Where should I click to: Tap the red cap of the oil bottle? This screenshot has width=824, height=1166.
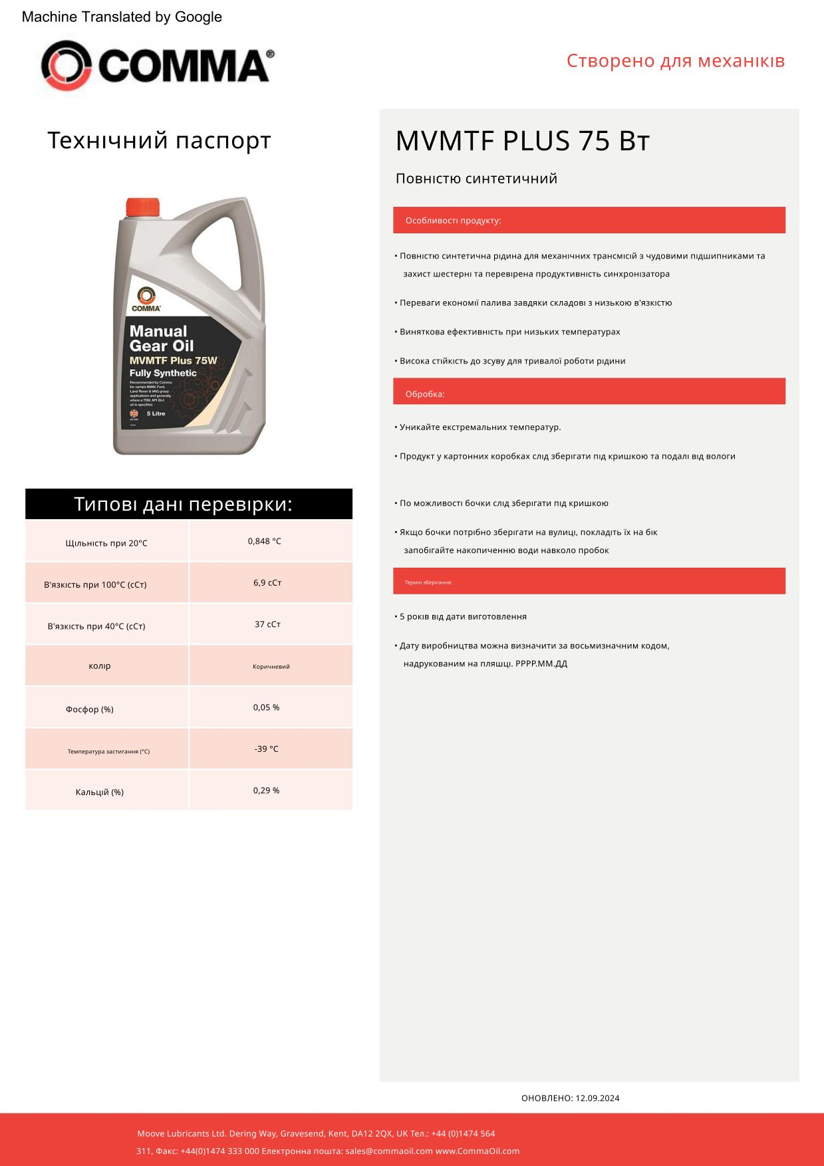pos(143,207)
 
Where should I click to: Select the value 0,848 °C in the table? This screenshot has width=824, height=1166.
pos(265,541)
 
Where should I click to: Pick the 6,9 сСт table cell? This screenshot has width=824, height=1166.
pos(267,583)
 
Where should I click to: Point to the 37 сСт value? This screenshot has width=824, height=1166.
pos(267,624)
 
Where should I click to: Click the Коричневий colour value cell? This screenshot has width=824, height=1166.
pos(271,666)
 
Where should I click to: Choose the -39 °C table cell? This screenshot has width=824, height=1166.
pos(267,749)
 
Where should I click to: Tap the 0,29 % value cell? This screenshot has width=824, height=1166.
pos(267,790)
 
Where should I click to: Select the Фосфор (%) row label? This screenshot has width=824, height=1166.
pos(90,709)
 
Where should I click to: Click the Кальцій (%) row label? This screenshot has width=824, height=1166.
pos(100,792)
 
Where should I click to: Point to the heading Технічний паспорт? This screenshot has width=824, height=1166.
pos(159,140)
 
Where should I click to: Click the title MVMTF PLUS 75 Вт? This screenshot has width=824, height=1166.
pos(522,141)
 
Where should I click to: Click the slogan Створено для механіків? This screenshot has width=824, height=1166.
pos(676,60)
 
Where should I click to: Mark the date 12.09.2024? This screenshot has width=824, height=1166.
pos(597,1098)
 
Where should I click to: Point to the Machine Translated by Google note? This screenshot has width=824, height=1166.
pos(122,17)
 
